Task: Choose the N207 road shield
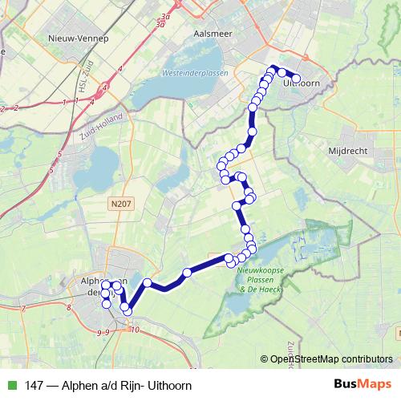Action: point(120,204)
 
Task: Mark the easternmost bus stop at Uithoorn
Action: point(296,78)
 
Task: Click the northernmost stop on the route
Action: point(273,69)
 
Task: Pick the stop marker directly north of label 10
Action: point(127,310)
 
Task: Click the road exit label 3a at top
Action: point(165,16)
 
